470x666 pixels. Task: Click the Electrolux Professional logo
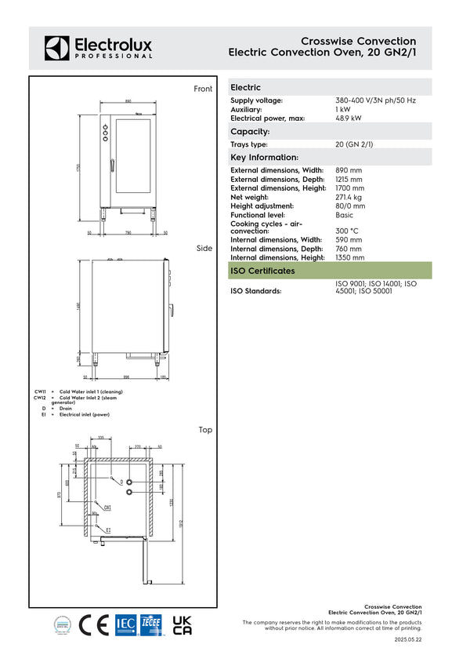(x=98, y=47)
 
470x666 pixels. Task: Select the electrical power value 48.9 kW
(x=348, y=118)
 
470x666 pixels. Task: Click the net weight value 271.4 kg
(x=351, y=197)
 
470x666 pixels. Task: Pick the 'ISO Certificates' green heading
(x=262, y=271)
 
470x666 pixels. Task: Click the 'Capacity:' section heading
(x=250, y=132)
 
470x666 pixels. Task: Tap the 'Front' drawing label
(x=203, y=89)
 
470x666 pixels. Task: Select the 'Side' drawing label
(x=204, y=248)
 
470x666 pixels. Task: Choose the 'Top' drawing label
(x=205, y=430)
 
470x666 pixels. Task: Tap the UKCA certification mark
(x=181, y=624)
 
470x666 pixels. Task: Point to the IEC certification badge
(x=125, y=624)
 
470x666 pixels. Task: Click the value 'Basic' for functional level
(x=344, y=214)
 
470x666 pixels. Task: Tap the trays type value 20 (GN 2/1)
(x=354, y=144)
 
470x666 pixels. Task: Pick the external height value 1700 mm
(x=349, y=188)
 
